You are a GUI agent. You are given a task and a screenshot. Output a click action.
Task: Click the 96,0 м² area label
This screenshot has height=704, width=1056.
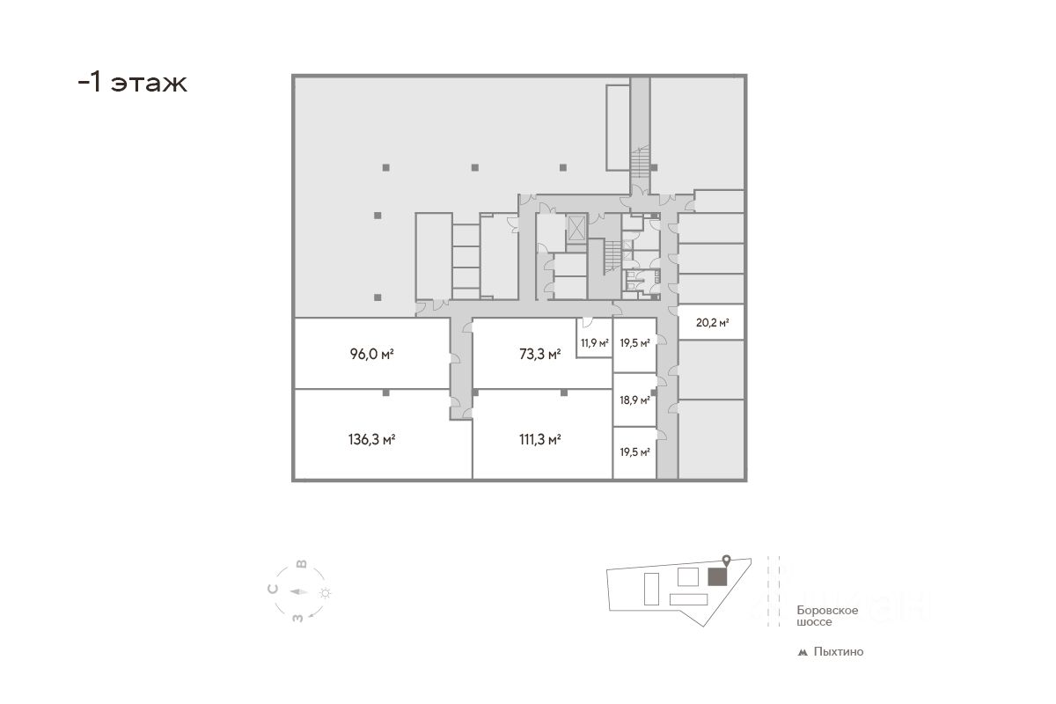click(x=370, y=356)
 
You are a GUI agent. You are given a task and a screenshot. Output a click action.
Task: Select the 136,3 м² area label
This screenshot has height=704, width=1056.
click(x=371, y=439)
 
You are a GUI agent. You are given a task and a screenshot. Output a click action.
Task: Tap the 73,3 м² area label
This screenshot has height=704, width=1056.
click(x=539, y=356)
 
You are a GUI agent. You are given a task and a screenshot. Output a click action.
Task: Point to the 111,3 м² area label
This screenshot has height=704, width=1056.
click(x=540, y=439)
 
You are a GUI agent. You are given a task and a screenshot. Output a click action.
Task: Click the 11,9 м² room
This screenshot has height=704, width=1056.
click(x=594, y=343)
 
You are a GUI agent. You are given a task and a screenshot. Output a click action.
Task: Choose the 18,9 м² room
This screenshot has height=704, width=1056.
click(x=634, y=400)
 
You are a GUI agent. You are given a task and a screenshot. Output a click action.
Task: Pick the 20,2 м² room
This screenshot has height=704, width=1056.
click(x=712, y=323)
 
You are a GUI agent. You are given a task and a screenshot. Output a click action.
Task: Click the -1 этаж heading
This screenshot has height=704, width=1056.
click(x=132, y=84)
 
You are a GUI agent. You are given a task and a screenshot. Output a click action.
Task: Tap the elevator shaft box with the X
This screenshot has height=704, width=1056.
click(x=576, y=228)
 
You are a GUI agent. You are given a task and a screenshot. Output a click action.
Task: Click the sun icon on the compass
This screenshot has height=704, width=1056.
click(x=326, y=593)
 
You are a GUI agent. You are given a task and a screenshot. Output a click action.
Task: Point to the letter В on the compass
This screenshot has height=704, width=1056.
click(x=301, y=564)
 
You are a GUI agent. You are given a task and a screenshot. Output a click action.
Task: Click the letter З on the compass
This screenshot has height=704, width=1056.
click(x=298, y=617)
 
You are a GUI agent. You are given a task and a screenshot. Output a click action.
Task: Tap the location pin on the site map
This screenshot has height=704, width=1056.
click(x=726, y=560)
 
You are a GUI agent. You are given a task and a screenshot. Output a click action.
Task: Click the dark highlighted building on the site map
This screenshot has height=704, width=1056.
click(x=718, y=576)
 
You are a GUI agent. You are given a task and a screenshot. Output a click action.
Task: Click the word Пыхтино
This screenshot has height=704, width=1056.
click(x=839, y=652)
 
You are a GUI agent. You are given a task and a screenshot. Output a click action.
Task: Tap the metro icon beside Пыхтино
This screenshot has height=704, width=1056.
click(x=802, y=653)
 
